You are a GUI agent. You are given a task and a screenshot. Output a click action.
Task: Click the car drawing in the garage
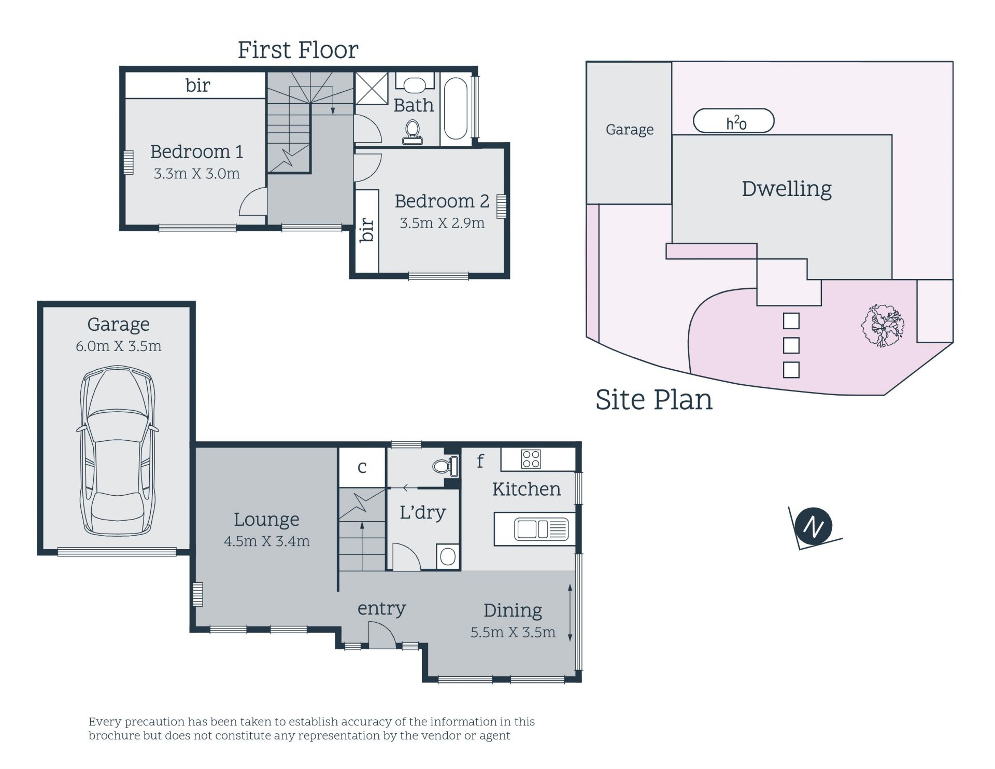(x=118, y=451)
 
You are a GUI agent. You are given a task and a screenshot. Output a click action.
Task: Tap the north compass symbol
(x=814, y=526)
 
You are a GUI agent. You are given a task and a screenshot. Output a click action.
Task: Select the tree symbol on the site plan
(x=883, y=326)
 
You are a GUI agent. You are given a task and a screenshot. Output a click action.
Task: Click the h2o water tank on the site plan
(x=734, y=121)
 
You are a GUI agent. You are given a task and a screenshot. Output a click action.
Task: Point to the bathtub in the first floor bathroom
(x=456, y=109)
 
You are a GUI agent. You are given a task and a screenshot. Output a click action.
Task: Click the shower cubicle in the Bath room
(x=371, y=89)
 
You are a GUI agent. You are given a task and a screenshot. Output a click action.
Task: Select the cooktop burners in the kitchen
(x=531, y=459)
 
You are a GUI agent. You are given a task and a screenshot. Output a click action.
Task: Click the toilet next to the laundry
(x=446, y=466)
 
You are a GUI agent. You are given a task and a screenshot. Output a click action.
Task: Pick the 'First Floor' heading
(x=298, y=50)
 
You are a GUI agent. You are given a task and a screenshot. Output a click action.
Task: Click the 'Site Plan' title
(x=654, y=400)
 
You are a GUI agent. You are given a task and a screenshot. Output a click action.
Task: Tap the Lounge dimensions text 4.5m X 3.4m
(x=267, y=541)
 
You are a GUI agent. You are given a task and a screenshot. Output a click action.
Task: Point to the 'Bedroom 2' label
(x=442, y=201)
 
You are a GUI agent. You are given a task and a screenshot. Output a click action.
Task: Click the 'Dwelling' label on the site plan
(x=787, y=189)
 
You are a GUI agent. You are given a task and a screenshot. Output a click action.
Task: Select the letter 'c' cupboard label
(x=362, y=468)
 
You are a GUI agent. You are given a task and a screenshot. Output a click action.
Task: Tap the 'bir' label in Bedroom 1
(x=198, y=85)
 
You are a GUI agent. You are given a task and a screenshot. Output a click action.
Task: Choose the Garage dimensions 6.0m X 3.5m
(x=119, y=346)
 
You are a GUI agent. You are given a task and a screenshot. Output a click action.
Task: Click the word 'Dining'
(x=513, y=611)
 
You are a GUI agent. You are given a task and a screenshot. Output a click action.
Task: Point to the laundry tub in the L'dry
(x=448, y=557)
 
